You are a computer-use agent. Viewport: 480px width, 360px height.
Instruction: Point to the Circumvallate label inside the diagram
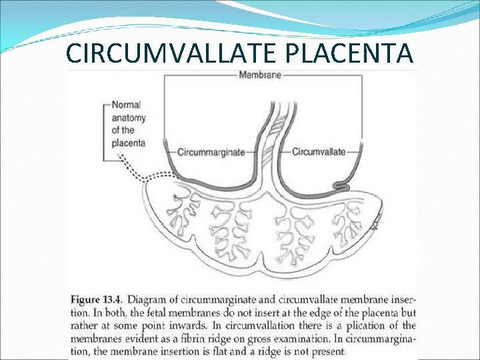click(x=319, y=152)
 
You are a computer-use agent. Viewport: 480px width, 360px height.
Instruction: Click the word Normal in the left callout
click(x=126, y=105)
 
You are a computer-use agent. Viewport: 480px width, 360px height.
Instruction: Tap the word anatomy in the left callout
click(x=129, y=117)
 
